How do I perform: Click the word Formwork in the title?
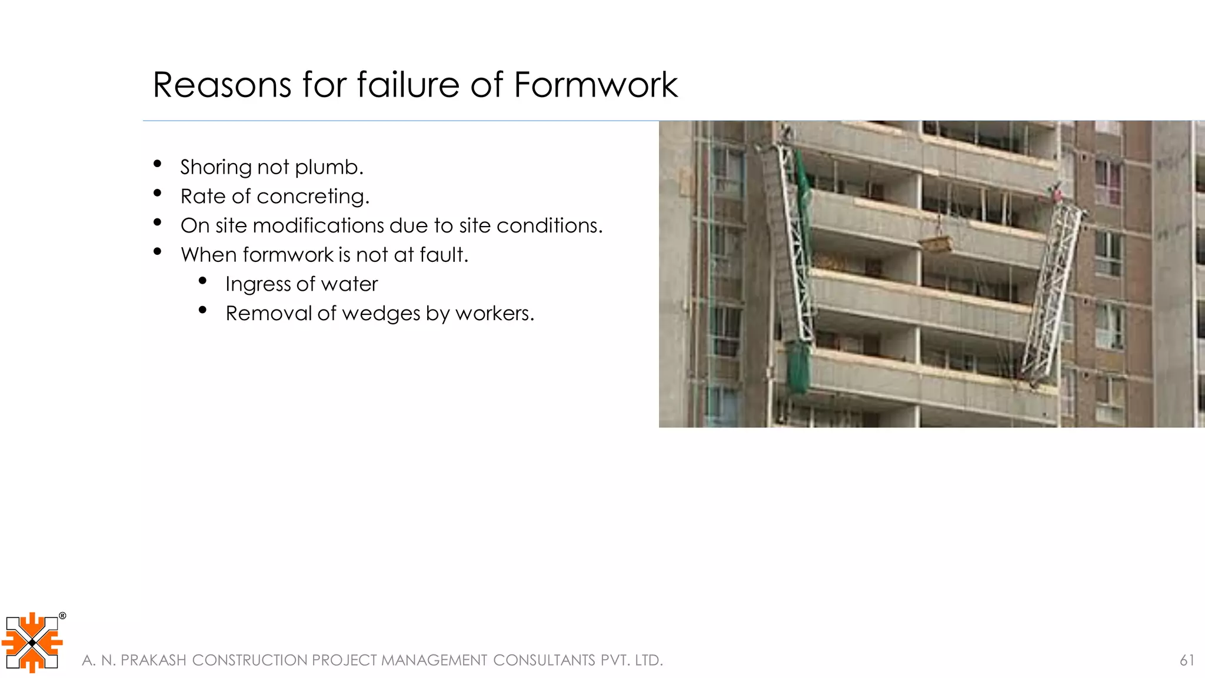pyautogui.click(x=595, y=85)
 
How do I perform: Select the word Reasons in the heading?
pyautogui.click(x=222, y=85)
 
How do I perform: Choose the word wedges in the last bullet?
pyautogui.click(x=381, y=314)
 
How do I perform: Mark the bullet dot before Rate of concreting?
pyautogui.click(x=157, y=193)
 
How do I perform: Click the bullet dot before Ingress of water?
pyautogui.click(x=202, y=281)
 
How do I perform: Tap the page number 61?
pyautogui.click(x=1187, y=660)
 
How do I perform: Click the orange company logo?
pyautogui.click(x=32, y=642)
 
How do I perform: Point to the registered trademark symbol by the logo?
pyautogui.click(x=62, y=616)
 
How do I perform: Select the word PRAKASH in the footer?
pyautogui.click(x=153, y=660)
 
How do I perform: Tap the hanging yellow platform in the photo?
pyautogui.click(x=936, y=244)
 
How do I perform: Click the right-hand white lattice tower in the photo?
pyautogui.click(x=1051, y=288)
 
